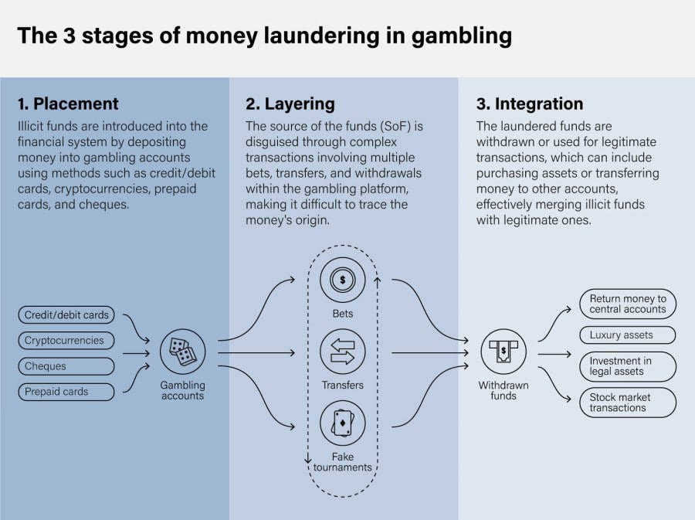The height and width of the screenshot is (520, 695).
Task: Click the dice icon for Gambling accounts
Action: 183,352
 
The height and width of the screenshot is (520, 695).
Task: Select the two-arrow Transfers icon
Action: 342,352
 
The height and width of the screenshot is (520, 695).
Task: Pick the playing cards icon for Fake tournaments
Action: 342,423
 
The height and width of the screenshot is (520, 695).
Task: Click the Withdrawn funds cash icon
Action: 503,352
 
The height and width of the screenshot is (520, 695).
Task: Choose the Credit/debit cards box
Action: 66,315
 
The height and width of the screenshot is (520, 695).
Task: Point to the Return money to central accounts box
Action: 627,304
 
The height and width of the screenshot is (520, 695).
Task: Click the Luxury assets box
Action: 627,335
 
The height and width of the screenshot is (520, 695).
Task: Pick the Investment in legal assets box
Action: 627,366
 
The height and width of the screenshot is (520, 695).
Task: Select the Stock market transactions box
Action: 627,403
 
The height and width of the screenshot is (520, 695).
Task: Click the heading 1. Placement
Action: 68,104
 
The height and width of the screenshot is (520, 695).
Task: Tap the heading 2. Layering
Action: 290,104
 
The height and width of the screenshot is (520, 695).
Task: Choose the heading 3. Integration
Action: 529,104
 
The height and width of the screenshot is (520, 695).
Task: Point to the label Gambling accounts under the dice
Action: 183,390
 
